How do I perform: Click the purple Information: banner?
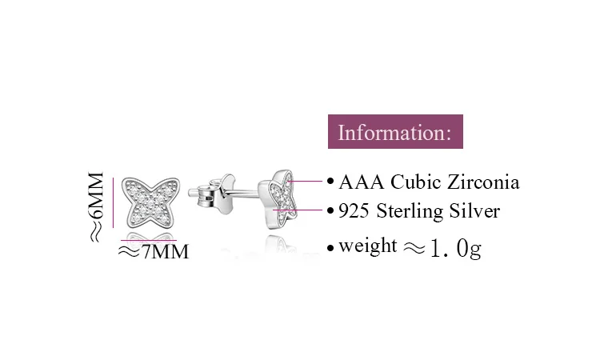pos(396,132)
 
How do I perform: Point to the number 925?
pos(353,211)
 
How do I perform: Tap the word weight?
pos(367,246)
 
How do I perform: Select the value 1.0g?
pos(456,249)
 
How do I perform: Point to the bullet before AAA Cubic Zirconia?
pos(330,182)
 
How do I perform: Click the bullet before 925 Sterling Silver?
pos(330,211)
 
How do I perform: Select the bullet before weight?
pos(330,248)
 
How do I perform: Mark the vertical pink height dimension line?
pos(114,202)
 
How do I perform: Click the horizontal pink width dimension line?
pos(148,240)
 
